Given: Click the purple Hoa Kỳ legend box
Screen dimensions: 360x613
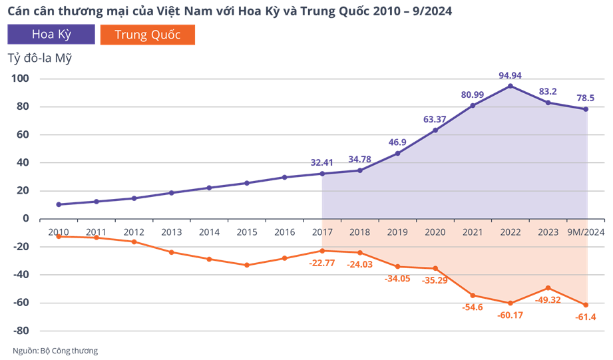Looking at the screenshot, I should click(x=51, y=35).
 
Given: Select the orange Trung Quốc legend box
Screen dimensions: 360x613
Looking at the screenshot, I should click(x=147, y=35).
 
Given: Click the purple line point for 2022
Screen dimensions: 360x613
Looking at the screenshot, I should click(x=511, y=86).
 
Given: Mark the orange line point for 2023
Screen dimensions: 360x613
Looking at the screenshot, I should click(x=548, y=288).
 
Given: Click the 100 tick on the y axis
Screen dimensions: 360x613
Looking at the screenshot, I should click(x=21, y=79).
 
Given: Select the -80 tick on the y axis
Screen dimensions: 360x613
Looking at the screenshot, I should click(x=21, y=331).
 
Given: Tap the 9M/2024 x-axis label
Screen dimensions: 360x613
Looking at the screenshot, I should click(x=586, y=232).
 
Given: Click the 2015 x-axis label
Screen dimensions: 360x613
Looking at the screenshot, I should click(x=247, y=232).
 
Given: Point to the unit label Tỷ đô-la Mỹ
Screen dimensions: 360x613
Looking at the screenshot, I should click(x=39, y=59).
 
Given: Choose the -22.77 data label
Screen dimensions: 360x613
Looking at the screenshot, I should click(x=323, y=264).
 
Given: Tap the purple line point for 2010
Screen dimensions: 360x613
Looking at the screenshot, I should click(x=59, y=204).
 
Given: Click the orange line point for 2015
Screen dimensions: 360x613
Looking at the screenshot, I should click(x=247, y=265).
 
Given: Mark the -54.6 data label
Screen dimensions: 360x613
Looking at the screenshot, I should click(x=473, y=307).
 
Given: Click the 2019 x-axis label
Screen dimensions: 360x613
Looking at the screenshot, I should click(x=397, y=232).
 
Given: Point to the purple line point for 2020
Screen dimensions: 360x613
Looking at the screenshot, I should click(x=435, y=130).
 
